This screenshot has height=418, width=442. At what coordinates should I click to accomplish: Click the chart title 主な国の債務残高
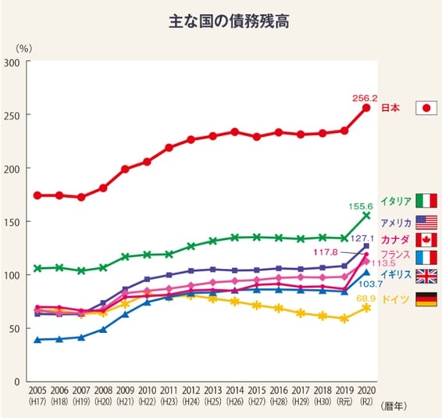221,21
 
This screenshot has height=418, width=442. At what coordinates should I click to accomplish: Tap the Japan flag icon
426,109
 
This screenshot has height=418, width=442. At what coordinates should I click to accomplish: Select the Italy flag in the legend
426,200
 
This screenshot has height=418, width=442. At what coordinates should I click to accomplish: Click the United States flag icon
426,222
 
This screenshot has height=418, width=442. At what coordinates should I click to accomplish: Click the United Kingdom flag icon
426,275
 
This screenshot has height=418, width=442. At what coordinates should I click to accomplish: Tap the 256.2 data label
365,98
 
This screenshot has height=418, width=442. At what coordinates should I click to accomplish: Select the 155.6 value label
362,206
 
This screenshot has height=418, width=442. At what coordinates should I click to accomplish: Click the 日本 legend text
390,109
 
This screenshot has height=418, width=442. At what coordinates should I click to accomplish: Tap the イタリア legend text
396,201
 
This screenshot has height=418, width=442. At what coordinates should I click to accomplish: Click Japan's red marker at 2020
365,108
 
